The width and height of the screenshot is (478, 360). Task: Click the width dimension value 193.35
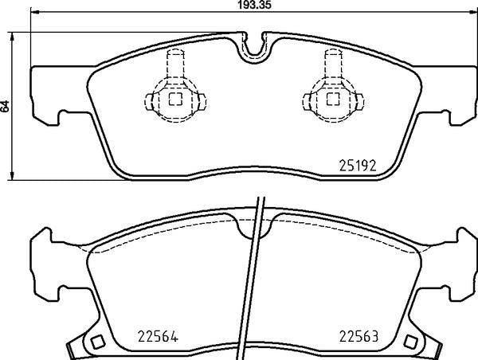(254, 5)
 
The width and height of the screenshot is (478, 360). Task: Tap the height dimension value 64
(6, 106)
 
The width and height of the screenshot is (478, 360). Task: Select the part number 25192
(358, 166)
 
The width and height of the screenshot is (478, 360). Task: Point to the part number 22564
(158, 337)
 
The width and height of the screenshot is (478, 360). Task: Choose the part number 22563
(359, 337)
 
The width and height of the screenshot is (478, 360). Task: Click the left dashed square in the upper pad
(175, 99)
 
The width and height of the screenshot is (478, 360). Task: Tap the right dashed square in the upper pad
(333, 99)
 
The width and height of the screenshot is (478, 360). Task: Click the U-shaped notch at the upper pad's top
(254, 49)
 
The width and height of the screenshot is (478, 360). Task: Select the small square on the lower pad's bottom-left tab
(98, 342)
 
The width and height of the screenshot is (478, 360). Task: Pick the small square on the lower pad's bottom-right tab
(410, 342)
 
